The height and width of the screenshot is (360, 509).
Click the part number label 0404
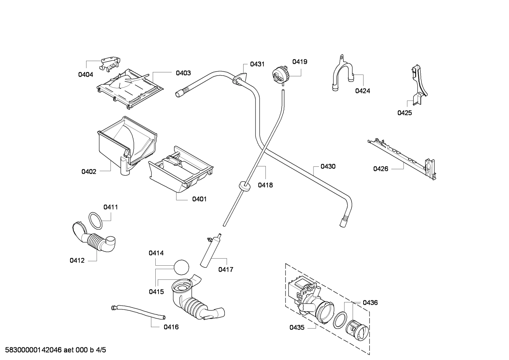click(x=85, y=75)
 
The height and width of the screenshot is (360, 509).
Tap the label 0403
click(x=183, y=73)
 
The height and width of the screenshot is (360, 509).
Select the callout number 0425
click(x=405, y=113)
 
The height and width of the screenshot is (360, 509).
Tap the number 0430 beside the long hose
click(x=328, y=166)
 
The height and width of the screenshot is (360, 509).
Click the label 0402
click(x=89, y=172)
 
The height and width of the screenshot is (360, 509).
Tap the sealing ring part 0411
click(x=95, y=220)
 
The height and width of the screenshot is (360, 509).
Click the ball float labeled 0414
click(x=181, y=267)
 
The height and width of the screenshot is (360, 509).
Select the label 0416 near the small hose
click(x=171, y=327)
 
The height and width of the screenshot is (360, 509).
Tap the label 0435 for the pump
click(x=297, y=327)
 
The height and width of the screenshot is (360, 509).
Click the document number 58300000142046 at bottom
click(x=33, y=350)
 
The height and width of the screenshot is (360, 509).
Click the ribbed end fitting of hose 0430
click(x=343, y=222)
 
